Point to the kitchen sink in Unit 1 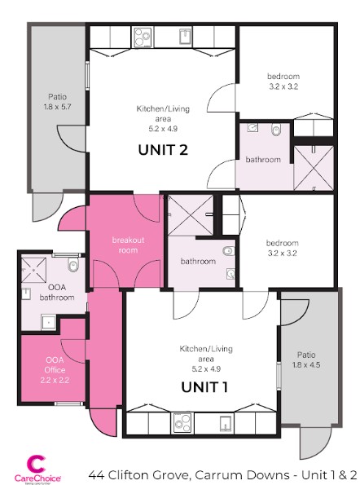(x=226, y=423)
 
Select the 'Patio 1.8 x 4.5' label (x=306, y=359)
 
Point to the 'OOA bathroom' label (x=56, y=293)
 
